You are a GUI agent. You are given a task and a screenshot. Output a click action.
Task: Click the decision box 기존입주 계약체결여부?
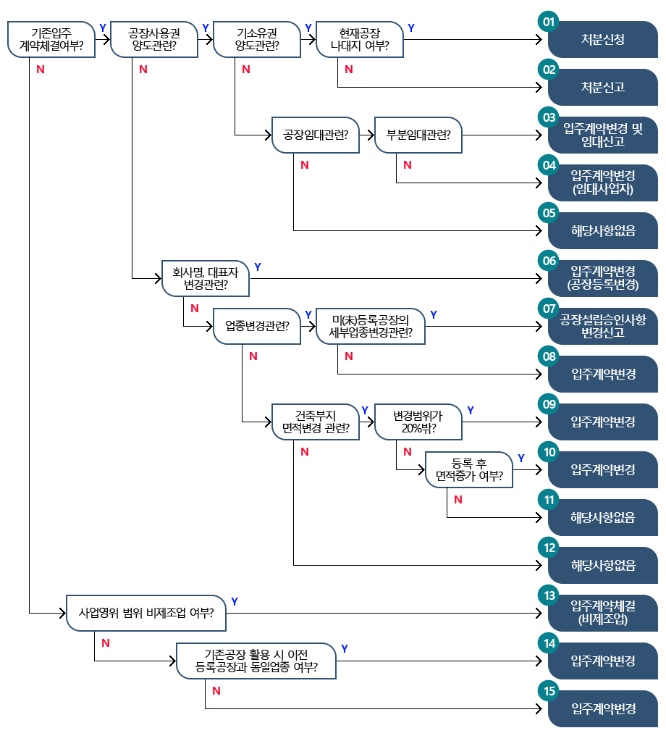point(51,40)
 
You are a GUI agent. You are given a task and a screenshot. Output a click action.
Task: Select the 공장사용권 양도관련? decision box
point(154,40)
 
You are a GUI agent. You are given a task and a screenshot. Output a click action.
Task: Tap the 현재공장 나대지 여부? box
point(360,40)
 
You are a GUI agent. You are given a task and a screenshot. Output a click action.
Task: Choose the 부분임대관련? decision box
point(418,135)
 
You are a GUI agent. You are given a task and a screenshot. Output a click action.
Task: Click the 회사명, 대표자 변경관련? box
point(206,278)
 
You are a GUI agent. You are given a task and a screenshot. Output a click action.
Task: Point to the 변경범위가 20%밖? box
point(418,422)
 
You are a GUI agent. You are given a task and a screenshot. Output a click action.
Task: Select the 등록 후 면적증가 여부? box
point(469,469)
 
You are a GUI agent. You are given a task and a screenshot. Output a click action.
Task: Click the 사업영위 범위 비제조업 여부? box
point(146,613)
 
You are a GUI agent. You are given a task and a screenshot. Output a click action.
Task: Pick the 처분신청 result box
point(603,40)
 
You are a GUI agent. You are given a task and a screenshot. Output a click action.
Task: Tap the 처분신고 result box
point(603,88)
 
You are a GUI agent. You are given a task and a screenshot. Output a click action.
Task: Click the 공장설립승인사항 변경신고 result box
point(603,326)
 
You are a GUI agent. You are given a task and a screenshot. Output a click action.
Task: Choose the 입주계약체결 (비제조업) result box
point(603,613)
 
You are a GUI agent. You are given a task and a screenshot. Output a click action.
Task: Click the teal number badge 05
point(549,213)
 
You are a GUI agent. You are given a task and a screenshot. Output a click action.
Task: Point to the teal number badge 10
point(549,452)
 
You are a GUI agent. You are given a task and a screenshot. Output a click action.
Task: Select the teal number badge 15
point(549,691)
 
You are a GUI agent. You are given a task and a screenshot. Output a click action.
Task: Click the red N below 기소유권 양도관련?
point(246,70)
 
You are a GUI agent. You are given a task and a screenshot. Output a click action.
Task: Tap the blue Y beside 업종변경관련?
point(308,315)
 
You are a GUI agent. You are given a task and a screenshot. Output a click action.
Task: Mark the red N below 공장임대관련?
point(305,165)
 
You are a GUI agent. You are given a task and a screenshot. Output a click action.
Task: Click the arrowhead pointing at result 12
point(539,565)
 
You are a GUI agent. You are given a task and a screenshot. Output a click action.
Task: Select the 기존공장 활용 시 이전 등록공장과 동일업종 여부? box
point(256,661)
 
